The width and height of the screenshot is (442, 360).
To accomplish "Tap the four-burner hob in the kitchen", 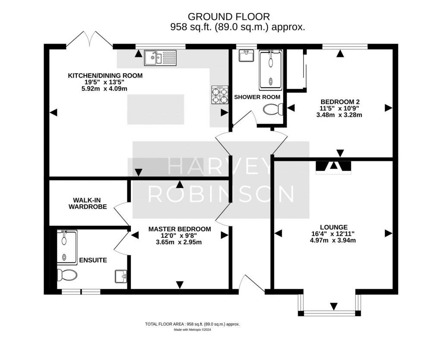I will (x=220, y=95).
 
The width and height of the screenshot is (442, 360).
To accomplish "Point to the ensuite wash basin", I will (x=120, y=276).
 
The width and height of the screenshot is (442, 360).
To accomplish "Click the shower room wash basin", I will (x=247, y=56).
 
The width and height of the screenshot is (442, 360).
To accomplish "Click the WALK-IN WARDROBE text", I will (x=90, y=203).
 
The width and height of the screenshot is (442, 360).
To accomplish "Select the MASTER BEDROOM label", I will (x=180, y=229).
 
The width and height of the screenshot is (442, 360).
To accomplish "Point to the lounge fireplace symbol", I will (x=334, y=166).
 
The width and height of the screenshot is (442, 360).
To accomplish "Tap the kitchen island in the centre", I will (x=155, y=109).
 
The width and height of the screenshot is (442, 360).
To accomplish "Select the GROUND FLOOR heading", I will (x=229, y=17).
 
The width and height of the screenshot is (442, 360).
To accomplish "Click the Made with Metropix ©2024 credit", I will (x=193, y=330).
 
